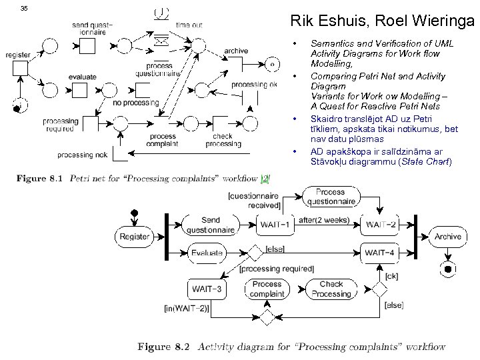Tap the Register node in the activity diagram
pos(134,237)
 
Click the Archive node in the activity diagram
pos(447,237)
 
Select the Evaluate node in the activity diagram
pos(206,253)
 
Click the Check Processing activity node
pos(331,289)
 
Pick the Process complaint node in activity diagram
pos(267,289)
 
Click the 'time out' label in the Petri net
pos(189,25)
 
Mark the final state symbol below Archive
pos(447,269)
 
